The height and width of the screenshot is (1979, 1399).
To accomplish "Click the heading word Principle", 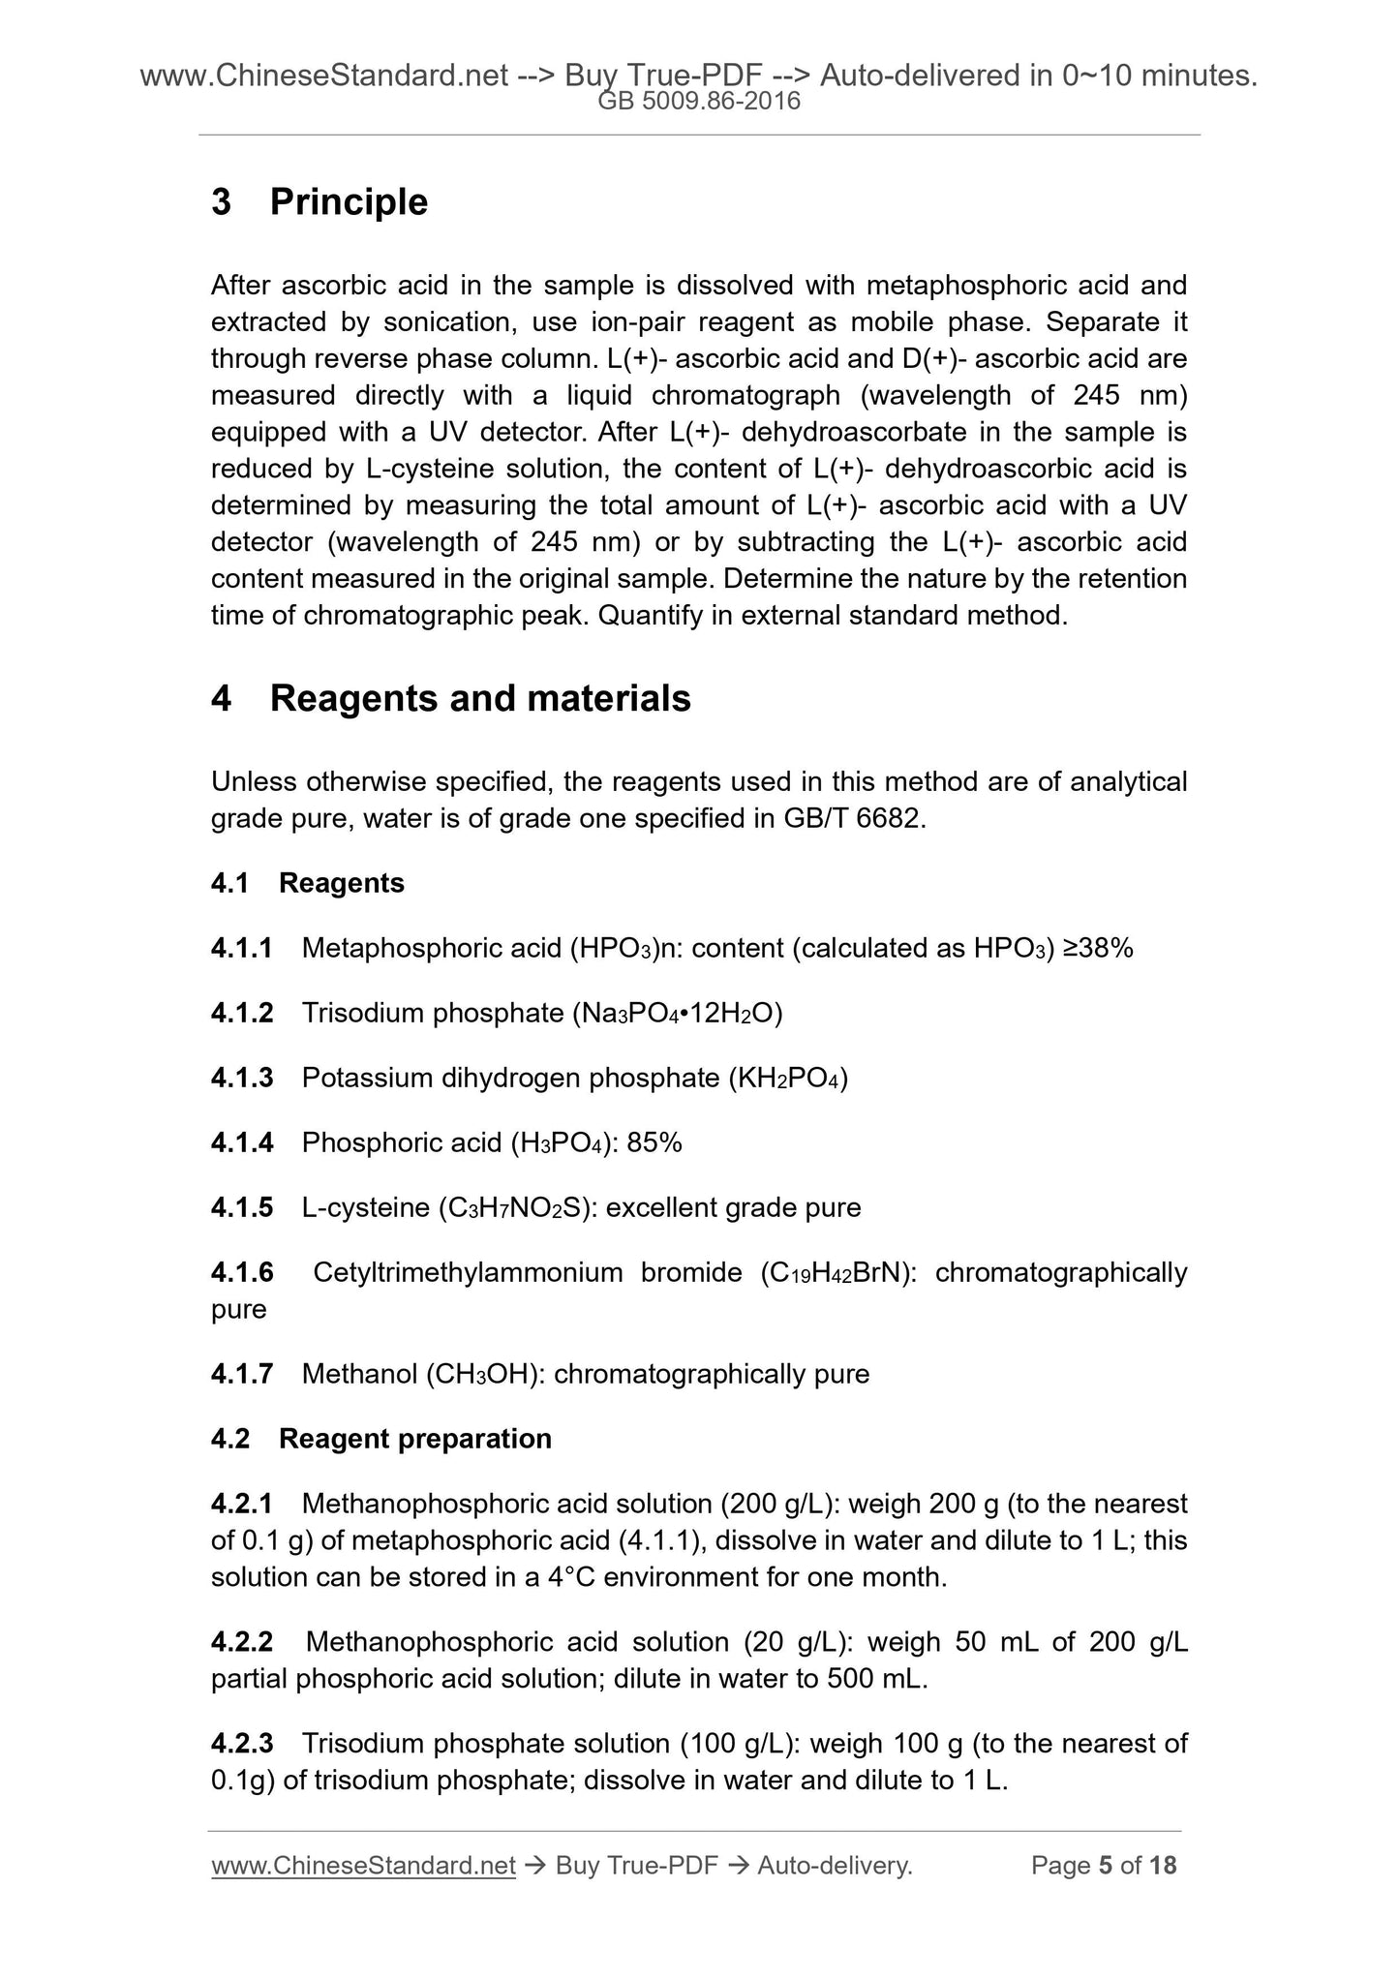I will click(349, 202).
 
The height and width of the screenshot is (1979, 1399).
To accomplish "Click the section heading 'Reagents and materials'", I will click(480, 698).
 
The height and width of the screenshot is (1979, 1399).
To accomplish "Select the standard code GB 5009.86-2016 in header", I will click(699, 101).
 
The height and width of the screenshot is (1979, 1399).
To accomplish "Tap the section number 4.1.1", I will click(242, 949).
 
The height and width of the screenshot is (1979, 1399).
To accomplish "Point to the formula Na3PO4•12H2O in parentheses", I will click(678, 1014).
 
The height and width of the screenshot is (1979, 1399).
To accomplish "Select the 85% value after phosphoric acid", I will click(654, 1143).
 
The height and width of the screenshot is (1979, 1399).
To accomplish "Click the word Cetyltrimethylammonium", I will click(468, 1272).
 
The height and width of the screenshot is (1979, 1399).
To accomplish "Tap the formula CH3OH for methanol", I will click(481, 1374).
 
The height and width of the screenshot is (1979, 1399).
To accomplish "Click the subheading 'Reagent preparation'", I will click(415, 1439).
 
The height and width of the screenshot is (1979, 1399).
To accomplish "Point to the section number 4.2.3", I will click(242, 1744).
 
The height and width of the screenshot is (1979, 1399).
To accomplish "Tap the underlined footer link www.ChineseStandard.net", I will click(363, 1866).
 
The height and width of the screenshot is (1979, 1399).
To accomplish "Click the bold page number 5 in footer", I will click(1106, 1866).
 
